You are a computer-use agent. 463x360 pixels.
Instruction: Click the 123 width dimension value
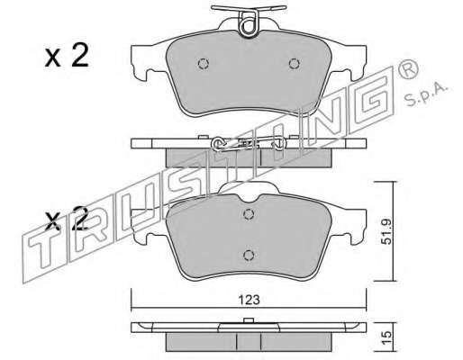(249, 300)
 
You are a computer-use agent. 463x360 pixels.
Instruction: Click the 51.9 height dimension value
(387, 231)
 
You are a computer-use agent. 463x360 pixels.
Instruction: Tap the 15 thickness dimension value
(387, 338)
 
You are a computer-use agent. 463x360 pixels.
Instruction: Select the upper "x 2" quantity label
(67, 55)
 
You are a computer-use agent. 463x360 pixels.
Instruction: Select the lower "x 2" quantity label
(67, 219)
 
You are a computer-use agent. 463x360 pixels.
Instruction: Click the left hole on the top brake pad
(204, 63)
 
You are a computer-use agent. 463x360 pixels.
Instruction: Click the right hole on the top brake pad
(294, 63)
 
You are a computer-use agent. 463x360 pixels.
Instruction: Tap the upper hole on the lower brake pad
(249, 213)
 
